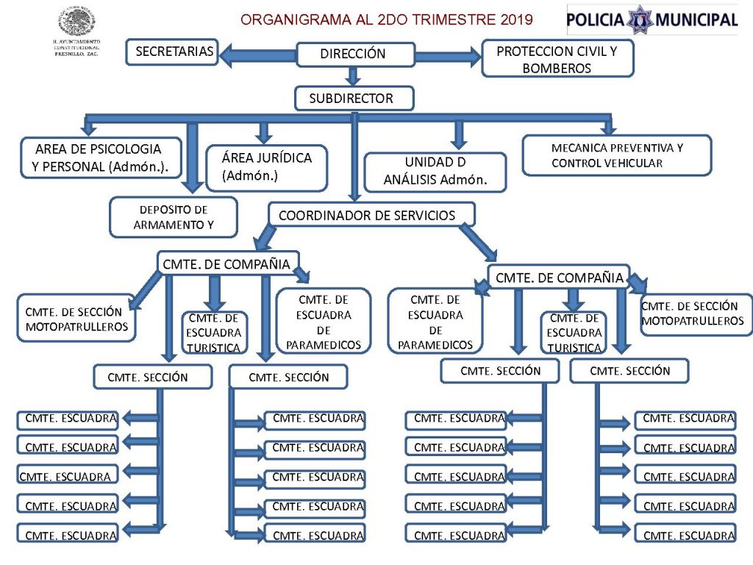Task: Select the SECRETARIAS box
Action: tap(174, 52)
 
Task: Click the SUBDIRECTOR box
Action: tap(354, 99)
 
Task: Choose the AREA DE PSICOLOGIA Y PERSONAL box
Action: tap(101, 158)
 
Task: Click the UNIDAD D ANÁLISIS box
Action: tap(435, 171)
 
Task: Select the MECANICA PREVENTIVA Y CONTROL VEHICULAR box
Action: tap(617, 155)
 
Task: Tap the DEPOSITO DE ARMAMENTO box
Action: tap(174, 217)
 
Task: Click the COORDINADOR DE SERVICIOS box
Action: tap(371, 216)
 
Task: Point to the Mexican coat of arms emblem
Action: tap(77, 22)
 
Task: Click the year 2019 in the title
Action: tap(516, 19)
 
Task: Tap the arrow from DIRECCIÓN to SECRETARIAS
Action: tap(257, 54)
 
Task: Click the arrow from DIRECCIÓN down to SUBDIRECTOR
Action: tap(354, 76)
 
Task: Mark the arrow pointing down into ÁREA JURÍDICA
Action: tap(265, 132)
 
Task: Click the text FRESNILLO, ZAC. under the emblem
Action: tap(77, 54)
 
